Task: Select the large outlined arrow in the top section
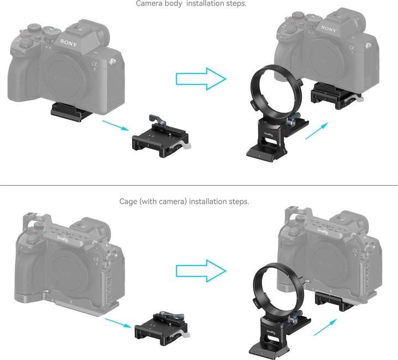[x=200, y=78]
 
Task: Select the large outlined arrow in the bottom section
[x=200, y=271]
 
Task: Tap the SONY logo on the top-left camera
[x=69, y=41]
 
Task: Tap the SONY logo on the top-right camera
[x=328, y=29]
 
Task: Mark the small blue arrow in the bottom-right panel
[x=326, y=326]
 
